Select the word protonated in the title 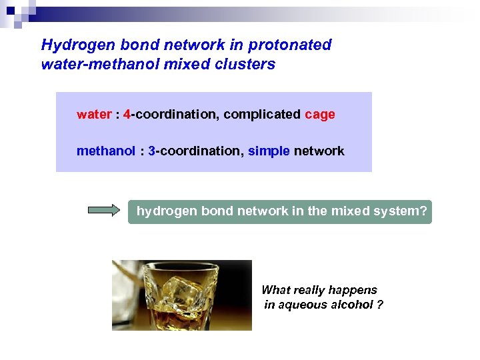(x=290, y=45)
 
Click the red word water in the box (x=94, y=115)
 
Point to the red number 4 (x=127, y=115)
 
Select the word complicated (x=262, y=115)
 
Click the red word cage (x=320, y=115)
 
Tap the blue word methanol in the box (x=105, y=151)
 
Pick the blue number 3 (x=152, y=151)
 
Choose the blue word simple (x=269, y=151)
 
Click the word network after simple (x=319, y=151)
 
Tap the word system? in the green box (x=405, y=211)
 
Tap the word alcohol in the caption (x=351, y=305)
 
